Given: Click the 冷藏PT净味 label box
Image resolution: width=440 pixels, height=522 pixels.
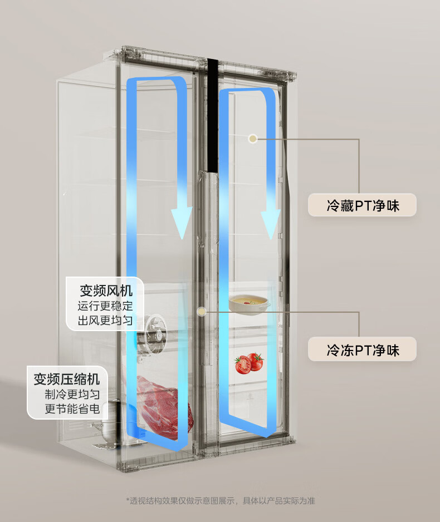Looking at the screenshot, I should tap(362, 205).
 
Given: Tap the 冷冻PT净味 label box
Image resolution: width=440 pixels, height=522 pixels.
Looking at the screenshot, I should tap(362, 349).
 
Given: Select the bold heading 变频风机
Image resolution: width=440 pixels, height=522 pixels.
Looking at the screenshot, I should tap(106, 290).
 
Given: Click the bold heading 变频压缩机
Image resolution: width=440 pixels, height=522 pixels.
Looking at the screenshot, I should tap(67, 380).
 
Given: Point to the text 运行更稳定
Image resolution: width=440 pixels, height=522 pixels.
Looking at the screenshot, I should tap(105, 306).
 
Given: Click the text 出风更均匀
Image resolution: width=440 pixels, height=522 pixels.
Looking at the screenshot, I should tap(105, 320).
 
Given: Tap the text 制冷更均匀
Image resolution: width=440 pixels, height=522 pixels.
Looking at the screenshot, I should tap(72, 395).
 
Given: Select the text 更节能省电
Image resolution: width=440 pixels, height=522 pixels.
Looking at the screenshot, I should tap(72, 410).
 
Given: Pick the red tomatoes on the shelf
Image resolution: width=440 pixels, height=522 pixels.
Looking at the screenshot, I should tap(248, 363).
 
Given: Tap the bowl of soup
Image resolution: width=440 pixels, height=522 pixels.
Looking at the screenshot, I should tap(249, 303).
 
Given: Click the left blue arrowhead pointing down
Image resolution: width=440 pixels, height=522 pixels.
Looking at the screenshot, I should tap(181, 221).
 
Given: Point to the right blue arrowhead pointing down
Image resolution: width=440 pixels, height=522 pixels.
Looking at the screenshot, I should tap(270, 223).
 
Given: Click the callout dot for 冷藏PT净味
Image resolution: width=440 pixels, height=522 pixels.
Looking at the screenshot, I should tap(253, 138).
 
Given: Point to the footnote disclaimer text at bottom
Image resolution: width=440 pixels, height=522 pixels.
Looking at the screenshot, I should tap(220, 501).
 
